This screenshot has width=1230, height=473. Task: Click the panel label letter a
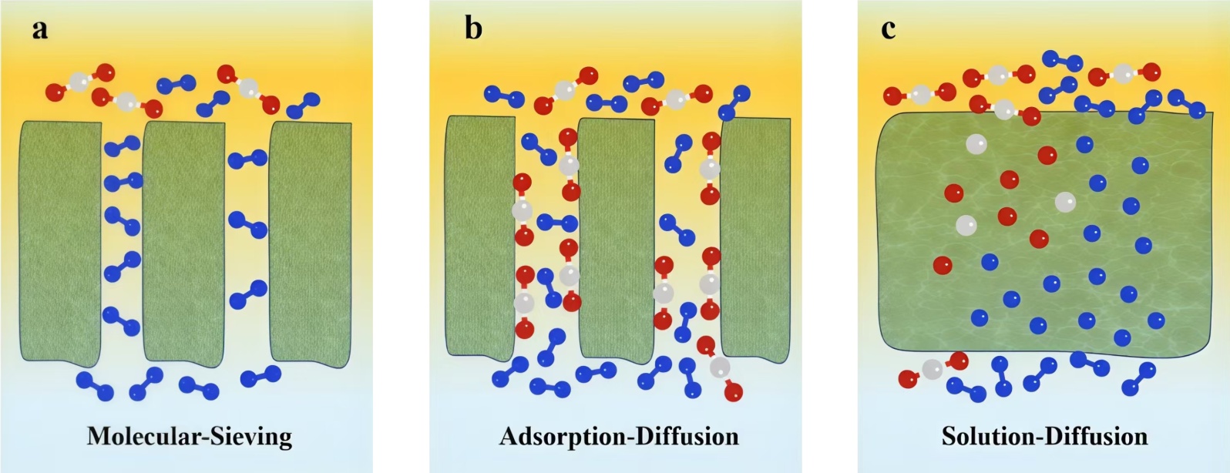point(39,30)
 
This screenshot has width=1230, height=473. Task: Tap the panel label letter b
point(473,29)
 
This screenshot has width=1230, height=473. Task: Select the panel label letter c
point(888,29)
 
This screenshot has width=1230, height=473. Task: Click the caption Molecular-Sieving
point(190,437)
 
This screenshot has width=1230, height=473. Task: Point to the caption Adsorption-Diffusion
point(619,437)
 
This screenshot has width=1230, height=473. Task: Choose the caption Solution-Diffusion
point(1044,437)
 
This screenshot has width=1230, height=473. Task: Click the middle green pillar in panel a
point(183,243)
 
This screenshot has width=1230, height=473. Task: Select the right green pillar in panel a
point(310,243)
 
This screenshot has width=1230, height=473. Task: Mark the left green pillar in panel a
point(60,240)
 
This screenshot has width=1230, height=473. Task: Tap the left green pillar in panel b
point(480,235)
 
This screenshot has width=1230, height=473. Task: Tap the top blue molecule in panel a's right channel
point(247,159)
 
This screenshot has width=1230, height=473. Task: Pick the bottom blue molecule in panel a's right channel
point(248,295)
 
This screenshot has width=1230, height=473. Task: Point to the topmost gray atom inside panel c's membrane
point(976,144)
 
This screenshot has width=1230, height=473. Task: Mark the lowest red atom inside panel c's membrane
point(943,266)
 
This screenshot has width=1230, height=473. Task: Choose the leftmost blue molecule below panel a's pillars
point(95,386)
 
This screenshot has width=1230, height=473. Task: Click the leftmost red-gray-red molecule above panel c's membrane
point(919,94)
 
